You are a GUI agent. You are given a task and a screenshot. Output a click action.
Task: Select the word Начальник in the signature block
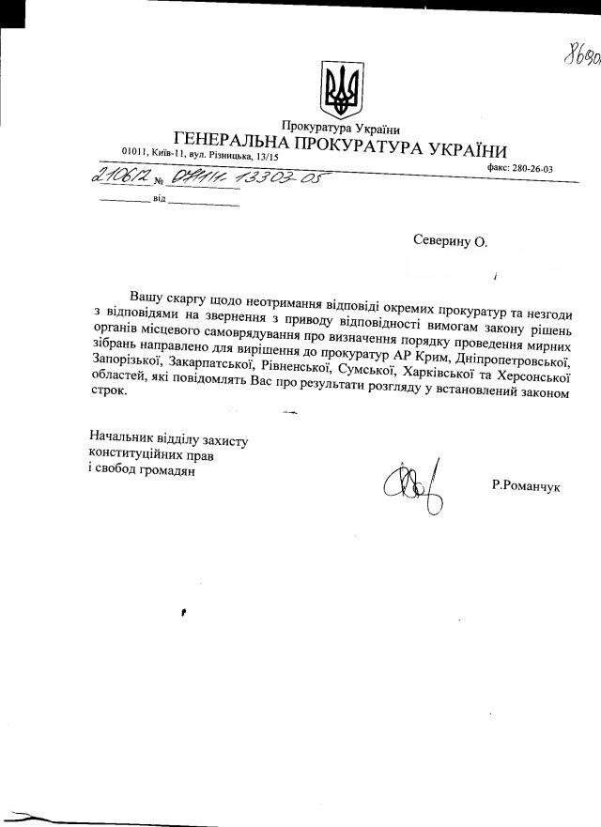(x=122, y=438)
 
